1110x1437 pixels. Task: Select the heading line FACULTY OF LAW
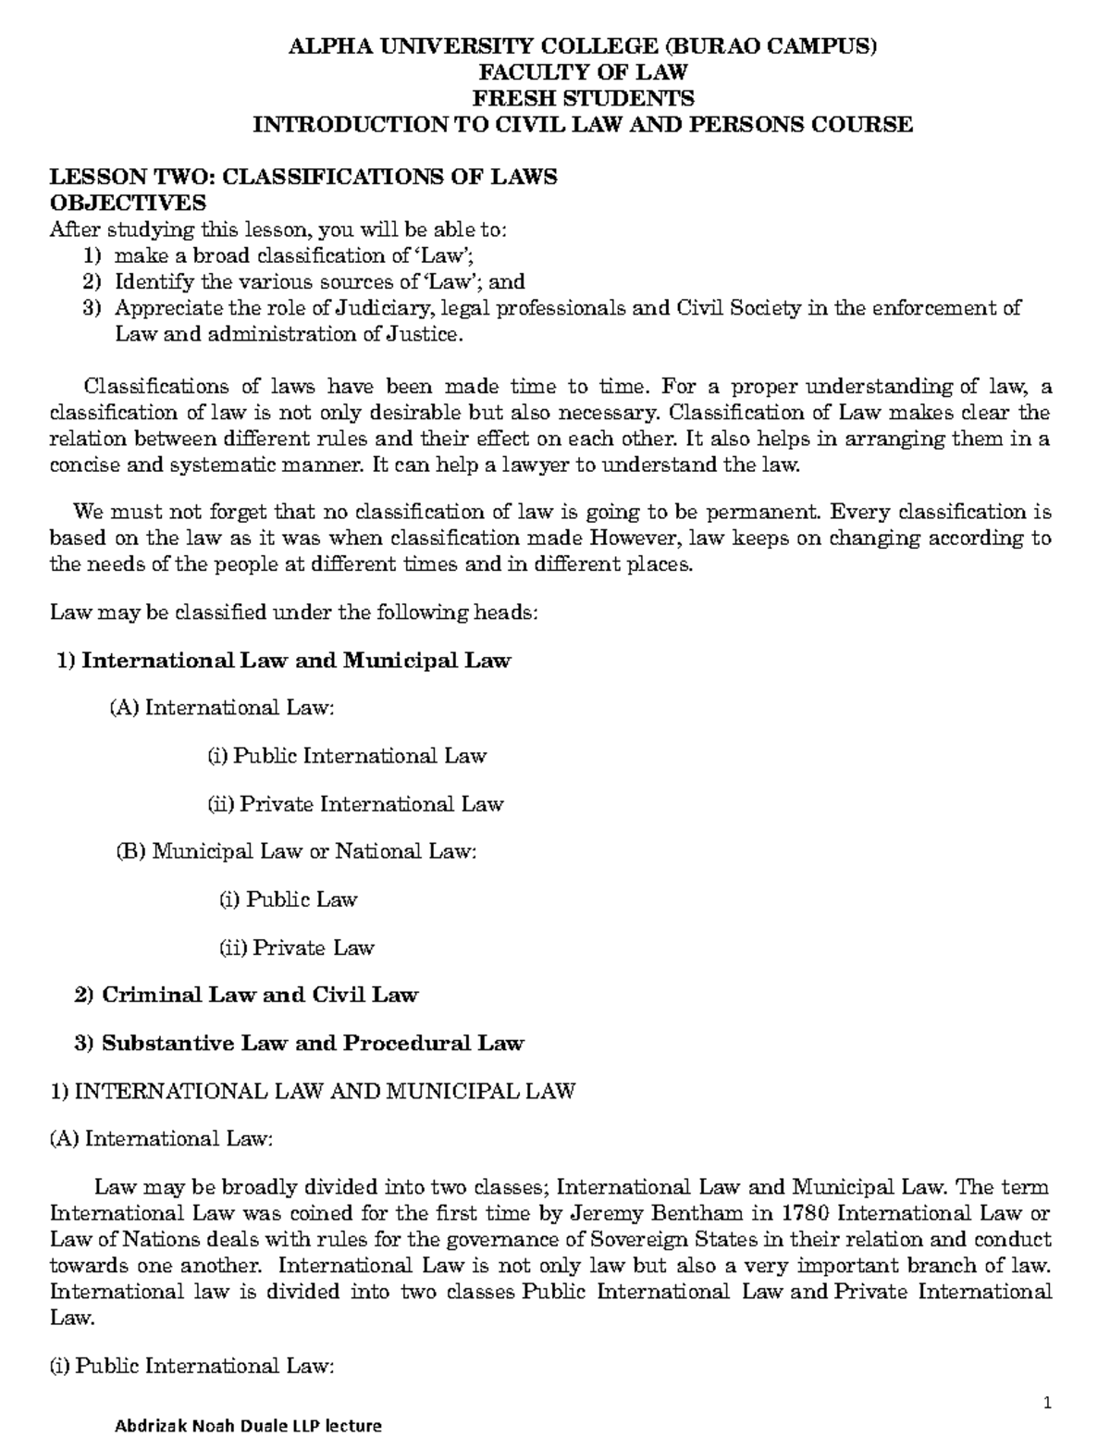click(582, 72)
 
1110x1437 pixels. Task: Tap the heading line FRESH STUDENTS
click(583, 98)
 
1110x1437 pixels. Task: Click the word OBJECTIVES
click(128, 203)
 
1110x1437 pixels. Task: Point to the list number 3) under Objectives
click(90, 309)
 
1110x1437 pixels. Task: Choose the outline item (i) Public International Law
click(346, 756)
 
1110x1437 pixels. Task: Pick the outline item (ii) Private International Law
click(354, 804)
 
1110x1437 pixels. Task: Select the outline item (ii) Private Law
click(296, 948)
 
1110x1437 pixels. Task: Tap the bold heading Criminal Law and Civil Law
click(259, 995)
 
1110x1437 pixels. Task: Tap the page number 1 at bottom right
click(1048, 1404)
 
